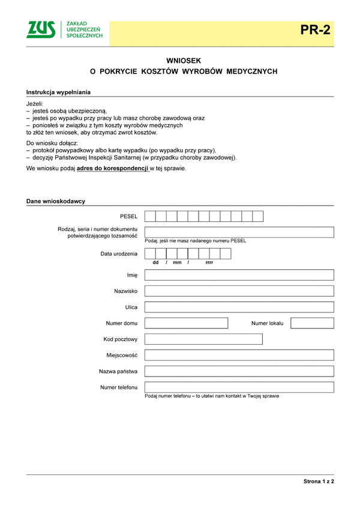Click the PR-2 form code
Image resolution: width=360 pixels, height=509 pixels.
tap(316, 30)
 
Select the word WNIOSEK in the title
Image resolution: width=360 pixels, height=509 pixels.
tap(184, 61)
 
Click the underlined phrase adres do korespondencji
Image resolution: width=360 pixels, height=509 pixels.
tap(112, 168)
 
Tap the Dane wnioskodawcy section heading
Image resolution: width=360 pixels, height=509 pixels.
tap(56, 201)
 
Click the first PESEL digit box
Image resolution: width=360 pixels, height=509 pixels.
tap(150, 216)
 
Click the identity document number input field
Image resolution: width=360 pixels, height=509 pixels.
tap(239, 232)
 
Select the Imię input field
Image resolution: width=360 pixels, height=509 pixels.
tap(239, 275)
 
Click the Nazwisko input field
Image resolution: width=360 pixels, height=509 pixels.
tap(239, 291)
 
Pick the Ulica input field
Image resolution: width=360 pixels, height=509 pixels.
tap(239, 307)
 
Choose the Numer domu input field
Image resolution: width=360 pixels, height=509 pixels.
tap(186, 323)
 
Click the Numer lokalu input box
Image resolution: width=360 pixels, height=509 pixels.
tap(312, 323)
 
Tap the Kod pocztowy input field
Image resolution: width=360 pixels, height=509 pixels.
tap(203, 339)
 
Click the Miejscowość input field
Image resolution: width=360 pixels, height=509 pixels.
tap(239, 355)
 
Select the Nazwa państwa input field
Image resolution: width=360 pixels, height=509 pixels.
tap(239, 371)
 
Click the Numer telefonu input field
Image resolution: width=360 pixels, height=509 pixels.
tap(239, 387)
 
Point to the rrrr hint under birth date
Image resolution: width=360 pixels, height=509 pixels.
tap(209, 263)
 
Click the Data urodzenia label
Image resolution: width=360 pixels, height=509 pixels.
tap(119, 254)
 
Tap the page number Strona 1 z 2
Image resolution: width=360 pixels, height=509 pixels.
tap(318, 481)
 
